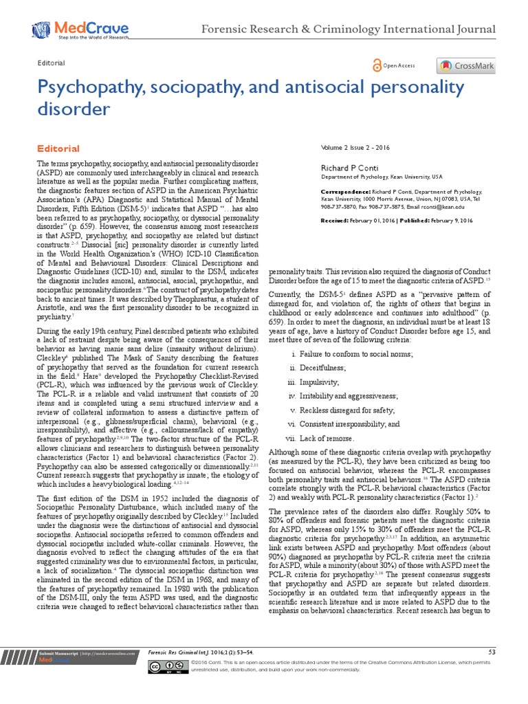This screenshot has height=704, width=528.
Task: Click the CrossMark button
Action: pyautogui.click(x=465, y=66)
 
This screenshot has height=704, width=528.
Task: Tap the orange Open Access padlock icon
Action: pyautogui.click(x=376, y=65)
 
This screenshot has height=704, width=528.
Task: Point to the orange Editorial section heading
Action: pyautogui.click(x=58, y=148)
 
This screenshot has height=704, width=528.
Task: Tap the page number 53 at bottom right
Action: pyautogui.click(x=491, y=651)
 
